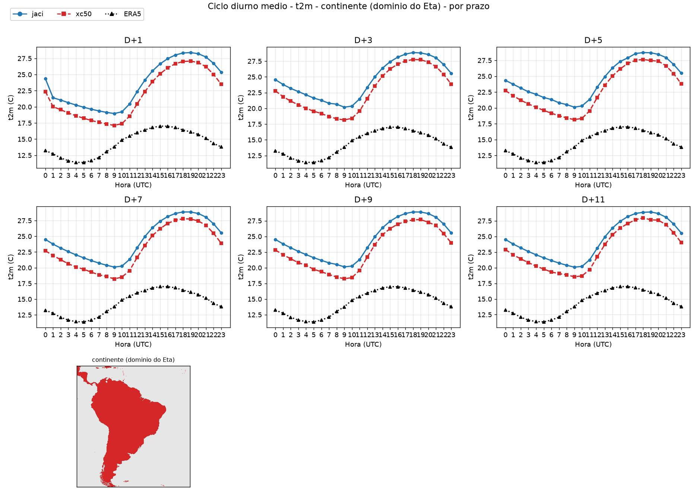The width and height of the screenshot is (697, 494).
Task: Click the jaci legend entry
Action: click(28, 14)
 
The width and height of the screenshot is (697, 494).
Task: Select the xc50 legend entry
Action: click(75, 14)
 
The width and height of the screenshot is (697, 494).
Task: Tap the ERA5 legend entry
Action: click(123, 14)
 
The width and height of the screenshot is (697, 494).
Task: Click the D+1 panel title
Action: click(133, 40)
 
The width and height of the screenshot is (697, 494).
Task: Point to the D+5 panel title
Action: click(593, 40)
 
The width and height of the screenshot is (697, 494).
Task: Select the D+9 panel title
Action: click(363, 200)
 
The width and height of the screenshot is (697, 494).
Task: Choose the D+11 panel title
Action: click(593, 200)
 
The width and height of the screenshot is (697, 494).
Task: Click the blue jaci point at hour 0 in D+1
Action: click(45, 79)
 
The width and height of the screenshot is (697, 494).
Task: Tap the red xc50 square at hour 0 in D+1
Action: click(45, 92)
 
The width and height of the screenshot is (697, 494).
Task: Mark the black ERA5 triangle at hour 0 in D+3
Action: click(275, 151)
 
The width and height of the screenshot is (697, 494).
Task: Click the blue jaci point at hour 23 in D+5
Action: click(681, 73)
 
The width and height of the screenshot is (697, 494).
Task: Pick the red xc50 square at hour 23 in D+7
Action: click(221, 243)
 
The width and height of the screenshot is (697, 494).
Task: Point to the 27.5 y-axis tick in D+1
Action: click(25, 58)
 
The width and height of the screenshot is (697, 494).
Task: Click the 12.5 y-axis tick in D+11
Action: click(485, 315)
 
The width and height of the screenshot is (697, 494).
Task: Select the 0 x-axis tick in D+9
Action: click(275, 335)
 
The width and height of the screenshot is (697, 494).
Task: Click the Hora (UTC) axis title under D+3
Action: click(363, 185)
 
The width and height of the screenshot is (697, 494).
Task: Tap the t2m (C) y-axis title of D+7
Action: click(11, 267)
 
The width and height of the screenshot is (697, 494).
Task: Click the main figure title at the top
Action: click(348, 6)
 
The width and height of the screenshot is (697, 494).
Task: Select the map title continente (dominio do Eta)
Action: click(133, 360)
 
